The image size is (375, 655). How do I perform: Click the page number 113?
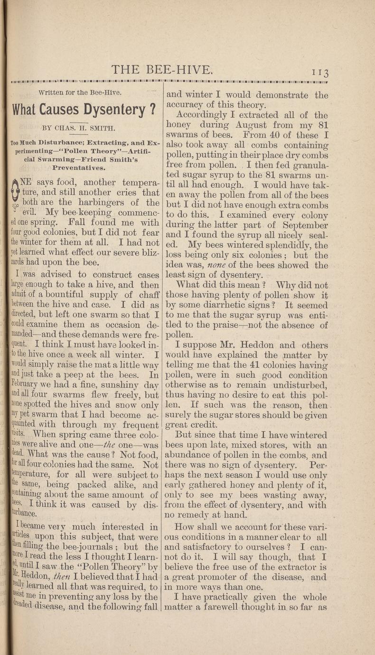point(325,72)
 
